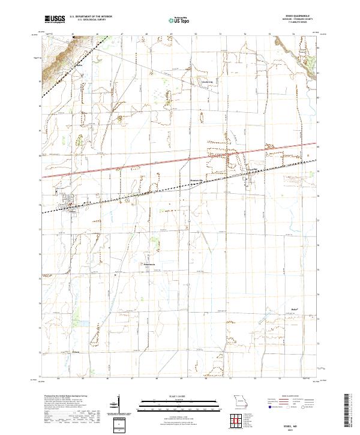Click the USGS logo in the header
tap(54, 19)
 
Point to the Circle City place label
tap(207, 83)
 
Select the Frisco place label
tap(76, 352)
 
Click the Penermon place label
tap(149, 265)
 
